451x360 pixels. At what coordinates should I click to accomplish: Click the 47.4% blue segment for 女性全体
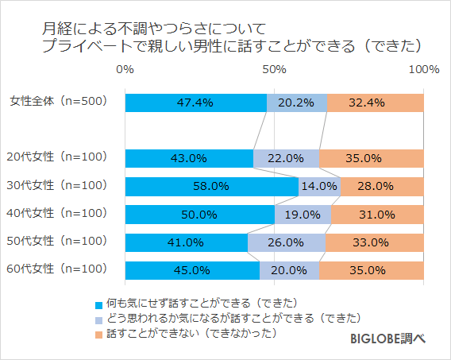[195, 103]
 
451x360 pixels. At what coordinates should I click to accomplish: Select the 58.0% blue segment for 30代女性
[211, 186]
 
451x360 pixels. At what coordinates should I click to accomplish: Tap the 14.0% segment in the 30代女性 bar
[319, 186]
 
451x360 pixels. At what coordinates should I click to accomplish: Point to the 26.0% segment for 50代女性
[286, 242]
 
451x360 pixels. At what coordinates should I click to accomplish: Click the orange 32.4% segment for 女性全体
[375, 103]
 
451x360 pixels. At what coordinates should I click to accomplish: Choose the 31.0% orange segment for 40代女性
[377, 214]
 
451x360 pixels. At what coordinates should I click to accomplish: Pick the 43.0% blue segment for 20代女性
[189, 158]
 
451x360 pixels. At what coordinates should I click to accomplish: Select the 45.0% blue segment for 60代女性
[192, 269]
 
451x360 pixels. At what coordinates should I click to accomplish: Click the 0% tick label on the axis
[125, 70]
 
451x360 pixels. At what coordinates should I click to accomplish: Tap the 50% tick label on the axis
[274, 70]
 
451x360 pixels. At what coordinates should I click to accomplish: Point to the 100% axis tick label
[422, 70]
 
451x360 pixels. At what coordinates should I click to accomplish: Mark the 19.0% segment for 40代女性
[303, 214]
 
